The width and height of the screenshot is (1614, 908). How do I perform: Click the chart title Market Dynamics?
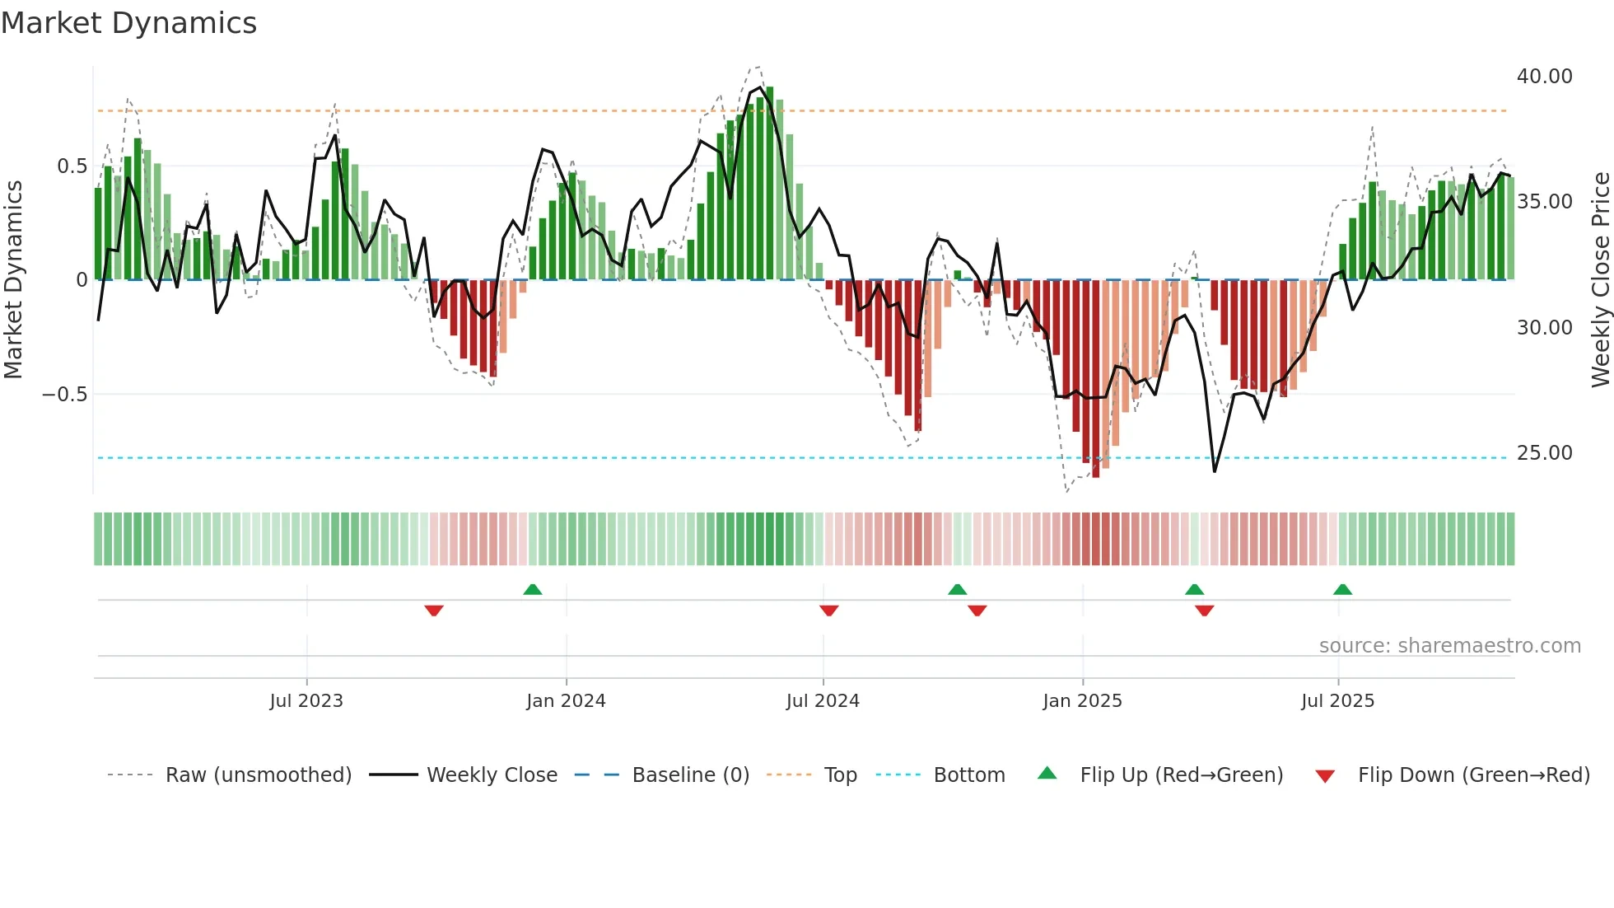128,23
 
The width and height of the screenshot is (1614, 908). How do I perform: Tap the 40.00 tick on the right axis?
1544,77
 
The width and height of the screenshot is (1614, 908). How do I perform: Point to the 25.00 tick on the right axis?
1544,453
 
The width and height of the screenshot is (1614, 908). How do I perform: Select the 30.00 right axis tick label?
1544,328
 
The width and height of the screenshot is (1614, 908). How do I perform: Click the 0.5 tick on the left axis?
72,166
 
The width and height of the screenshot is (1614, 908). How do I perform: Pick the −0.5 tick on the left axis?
64,395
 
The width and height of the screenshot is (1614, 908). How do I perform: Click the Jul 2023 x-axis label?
306,701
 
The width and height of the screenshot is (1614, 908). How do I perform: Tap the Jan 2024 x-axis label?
566,701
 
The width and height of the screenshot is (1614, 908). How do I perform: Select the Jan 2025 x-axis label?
1082,701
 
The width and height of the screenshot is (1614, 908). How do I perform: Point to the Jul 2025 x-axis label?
1337,701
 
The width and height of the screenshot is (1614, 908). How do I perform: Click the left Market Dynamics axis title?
13,280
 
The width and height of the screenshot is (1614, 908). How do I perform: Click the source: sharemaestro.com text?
1449,646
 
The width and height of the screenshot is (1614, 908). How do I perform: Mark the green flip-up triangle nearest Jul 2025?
1342,589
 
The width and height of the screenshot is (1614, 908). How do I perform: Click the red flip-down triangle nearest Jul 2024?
829,610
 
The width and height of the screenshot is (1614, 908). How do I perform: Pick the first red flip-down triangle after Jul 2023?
434,610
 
